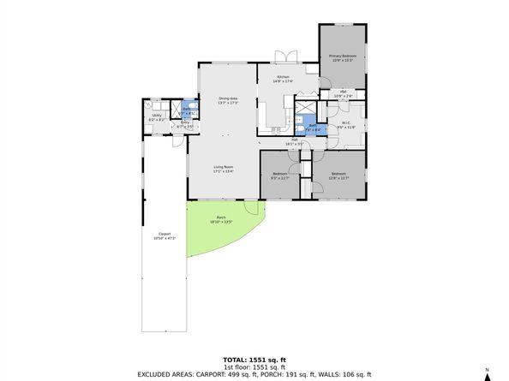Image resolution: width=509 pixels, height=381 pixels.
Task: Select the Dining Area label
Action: [227, 100]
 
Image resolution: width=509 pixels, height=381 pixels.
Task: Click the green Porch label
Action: [221, 220]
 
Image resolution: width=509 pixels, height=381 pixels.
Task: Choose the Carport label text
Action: [165, 235]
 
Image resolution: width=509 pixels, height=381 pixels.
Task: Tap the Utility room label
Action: [158, 116]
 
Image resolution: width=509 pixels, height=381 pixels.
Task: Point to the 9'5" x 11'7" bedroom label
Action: [280, 176]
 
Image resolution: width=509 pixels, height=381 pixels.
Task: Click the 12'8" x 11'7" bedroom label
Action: [339, 176]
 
